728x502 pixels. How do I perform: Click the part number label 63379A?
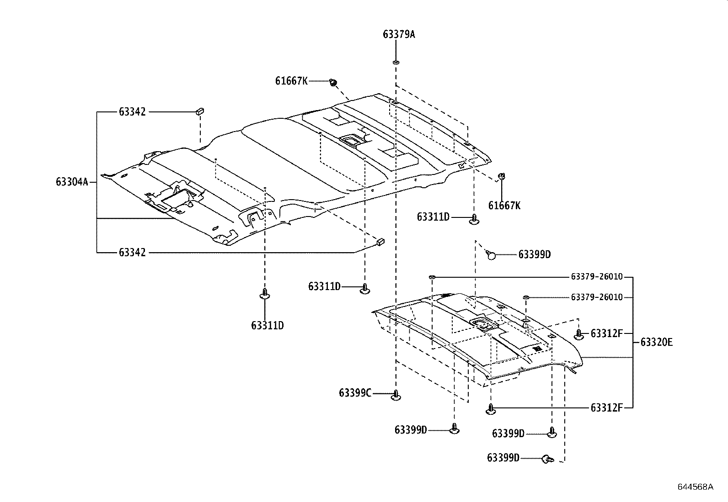(x=399, y=34)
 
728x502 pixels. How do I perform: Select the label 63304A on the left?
(x=72, y=182)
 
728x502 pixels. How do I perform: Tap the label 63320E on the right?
(x=656, y=342)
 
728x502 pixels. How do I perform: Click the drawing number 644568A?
(x=695, y=486)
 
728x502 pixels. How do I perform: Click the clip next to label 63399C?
(x=396, y=396)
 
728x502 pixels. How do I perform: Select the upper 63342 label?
(x=132, y=112)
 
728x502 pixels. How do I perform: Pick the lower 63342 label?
(x=132, y=253)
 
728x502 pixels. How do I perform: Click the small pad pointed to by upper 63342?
(x=200, y=111)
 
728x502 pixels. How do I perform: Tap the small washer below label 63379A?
(x=396, y=62)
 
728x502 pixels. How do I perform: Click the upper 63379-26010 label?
(x=597, y=277)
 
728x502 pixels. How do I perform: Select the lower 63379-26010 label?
(x=597, y=297)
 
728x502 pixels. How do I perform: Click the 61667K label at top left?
(x=291, y=81)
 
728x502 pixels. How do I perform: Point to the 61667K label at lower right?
(x=504, y=206)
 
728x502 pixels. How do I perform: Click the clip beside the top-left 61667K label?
(x=333, y=82)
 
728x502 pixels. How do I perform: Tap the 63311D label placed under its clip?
(x=267, y=326)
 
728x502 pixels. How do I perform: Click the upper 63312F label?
(x=606, y=333)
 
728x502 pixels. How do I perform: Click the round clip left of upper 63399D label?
(x=491, y=255)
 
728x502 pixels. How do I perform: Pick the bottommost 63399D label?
(x=503, y=458)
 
